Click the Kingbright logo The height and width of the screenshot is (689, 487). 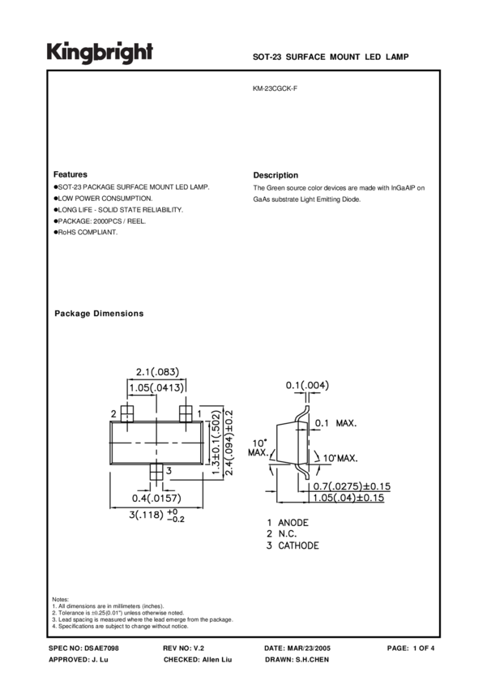point(100,53)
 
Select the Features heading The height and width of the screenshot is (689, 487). point(70,174)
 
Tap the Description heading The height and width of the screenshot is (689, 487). point(276,175)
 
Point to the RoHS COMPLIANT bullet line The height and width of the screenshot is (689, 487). point(86,233)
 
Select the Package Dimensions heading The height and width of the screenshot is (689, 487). point(98,314)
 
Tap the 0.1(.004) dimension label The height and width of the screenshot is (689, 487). point(307,385)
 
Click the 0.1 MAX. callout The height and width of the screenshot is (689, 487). point(335,423)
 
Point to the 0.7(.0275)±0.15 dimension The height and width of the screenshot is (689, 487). point(352,486)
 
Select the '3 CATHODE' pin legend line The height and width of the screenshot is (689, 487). point(293,546)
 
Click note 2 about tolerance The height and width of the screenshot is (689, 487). point(117,613)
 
